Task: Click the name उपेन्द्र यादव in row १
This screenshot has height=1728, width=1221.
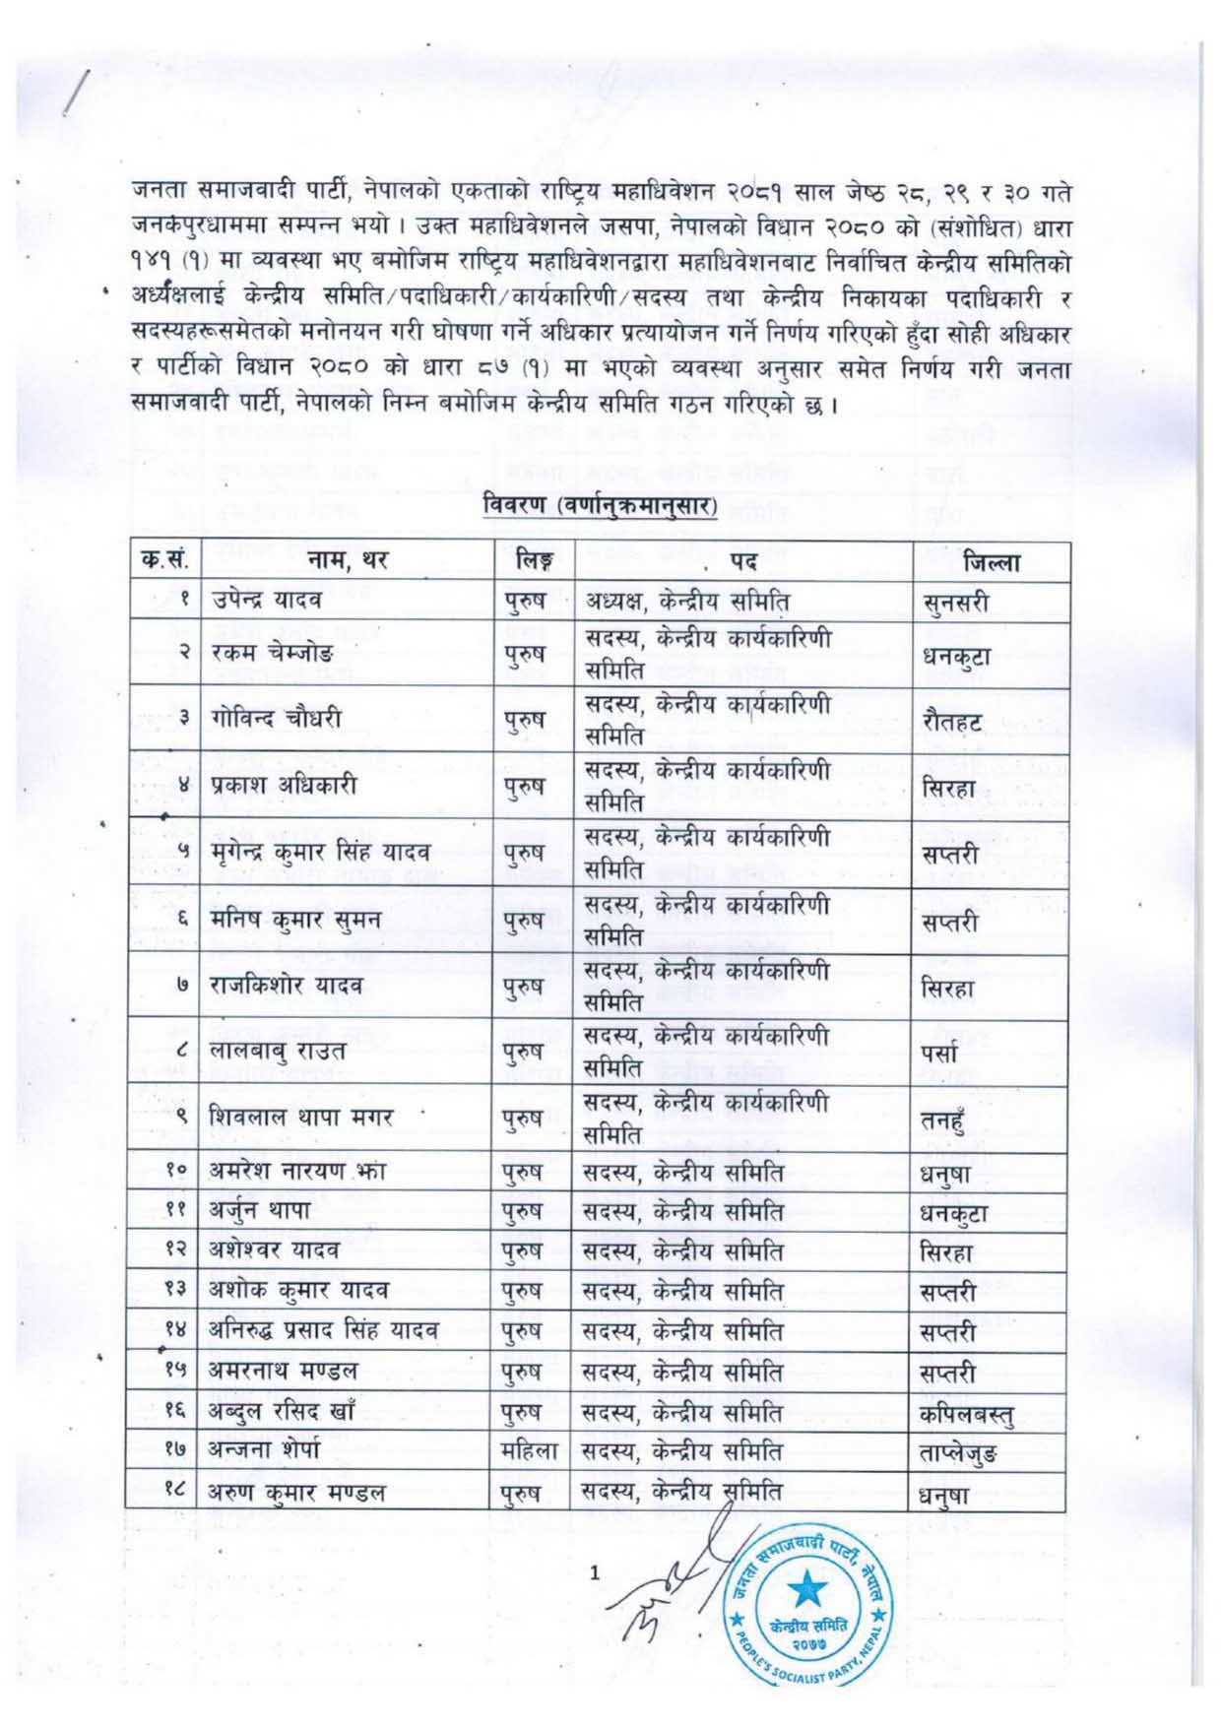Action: [266, 600]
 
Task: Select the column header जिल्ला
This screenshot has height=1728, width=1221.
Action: [992, 562]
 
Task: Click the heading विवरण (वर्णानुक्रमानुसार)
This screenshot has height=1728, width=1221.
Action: [601, 506]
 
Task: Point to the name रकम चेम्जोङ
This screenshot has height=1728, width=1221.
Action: [272, 652]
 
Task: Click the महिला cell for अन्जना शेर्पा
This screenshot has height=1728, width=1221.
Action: [529, 1451]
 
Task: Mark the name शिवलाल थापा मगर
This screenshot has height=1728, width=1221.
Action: [301, 1118]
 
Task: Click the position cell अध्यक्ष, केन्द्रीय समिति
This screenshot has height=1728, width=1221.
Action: [686, 600]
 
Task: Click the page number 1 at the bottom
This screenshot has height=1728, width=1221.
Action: [594, 1572]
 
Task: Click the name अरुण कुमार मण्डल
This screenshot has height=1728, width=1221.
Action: [296, 1493]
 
